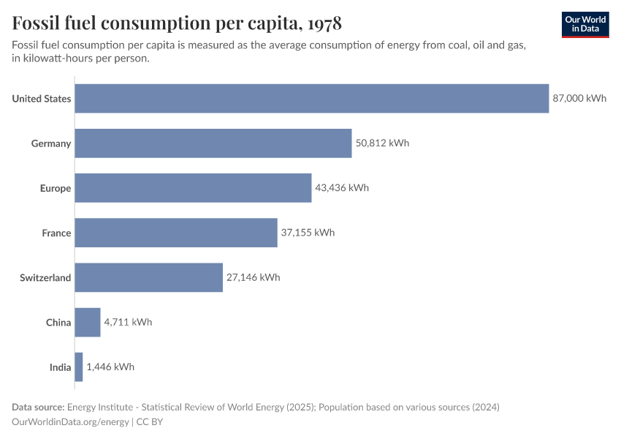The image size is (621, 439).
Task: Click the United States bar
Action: pyautogui.click(x=311, y=99)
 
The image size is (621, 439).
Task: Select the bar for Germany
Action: pyautogui.click(x=213, y=143)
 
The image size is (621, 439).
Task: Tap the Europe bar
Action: pyautogui.click(x=193, y=188)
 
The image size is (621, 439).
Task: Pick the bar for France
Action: pyautogui.click(x=176, y=233)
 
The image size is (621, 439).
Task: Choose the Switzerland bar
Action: pyautogui.click(x=148, y=277)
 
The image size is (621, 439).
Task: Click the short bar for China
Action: pyautogui.click(x=87, y=322)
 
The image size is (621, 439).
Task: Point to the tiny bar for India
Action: pyautogui.click(x=78, y=367)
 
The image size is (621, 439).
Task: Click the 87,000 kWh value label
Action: pyautogui.click(x=579, y=99)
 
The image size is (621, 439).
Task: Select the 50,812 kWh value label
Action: pyautogui.click(x=382, y=143)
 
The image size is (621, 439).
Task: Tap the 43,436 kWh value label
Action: pyautogui.click(x=342, y=188)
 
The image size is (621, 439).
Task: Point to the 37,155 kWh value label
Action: pyautogui.click(x=308, y=233)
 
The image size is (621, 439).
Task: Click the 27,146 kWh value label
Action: pyautogui.click(x=253, y=277)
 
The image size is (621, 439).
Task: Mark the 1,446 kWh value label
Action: pyautogui.click(x=110, y=367)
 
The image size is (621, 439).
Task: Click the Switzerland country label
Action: pyautogui.click(x=45, y=277)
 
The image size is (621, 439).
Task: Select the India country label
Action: pyautogui.click(x=60, y=367)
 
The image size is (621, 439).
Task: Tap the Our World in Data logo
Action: pyautogui.click(x=585, y=24)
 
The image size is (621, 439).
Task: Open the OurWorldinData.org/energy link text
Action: pyautogui.click(x=71, y=421)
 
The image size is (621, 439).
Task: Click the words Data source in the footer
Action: pyautogui.click(x=37, y=407)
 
